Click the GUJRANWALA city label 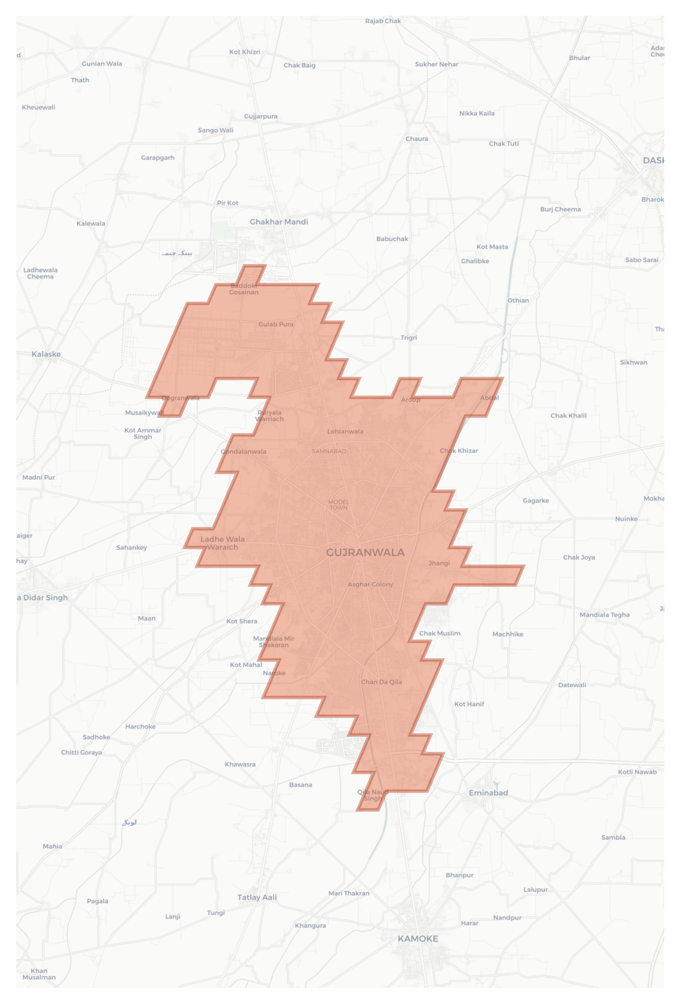(x=365, y=552)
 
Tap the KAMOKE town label (x=418, y=939)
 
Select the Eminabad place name (x=488, y=793)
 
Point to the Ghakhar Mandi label (x=279, y=222)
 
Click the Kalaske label (x=46, y=354)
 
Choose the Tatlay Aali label (x=257, y=897)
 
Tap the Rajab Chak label (x=383, y=21)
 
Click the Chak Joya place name (x=579, y=557)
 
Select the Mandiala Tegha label (x=604, y=615)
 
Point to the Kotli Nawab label (x=637, y=772)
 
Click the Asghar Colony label (x=371, y=584)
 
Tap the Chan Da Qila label (x=381, y=682)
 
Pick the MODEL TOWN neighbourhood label (x=339, y=505)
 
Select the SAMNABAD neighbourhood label (x=329, y=451)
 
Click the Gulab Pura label (x=275, y=325)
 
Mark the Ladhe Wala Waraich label (x=223, y=543)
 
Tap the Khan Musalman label (x=39, y=974)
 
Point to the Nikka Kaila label (x=476, y=113)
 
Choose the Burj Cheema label (x=561, y=210)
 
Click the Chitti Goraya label (x=81, y=752)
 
